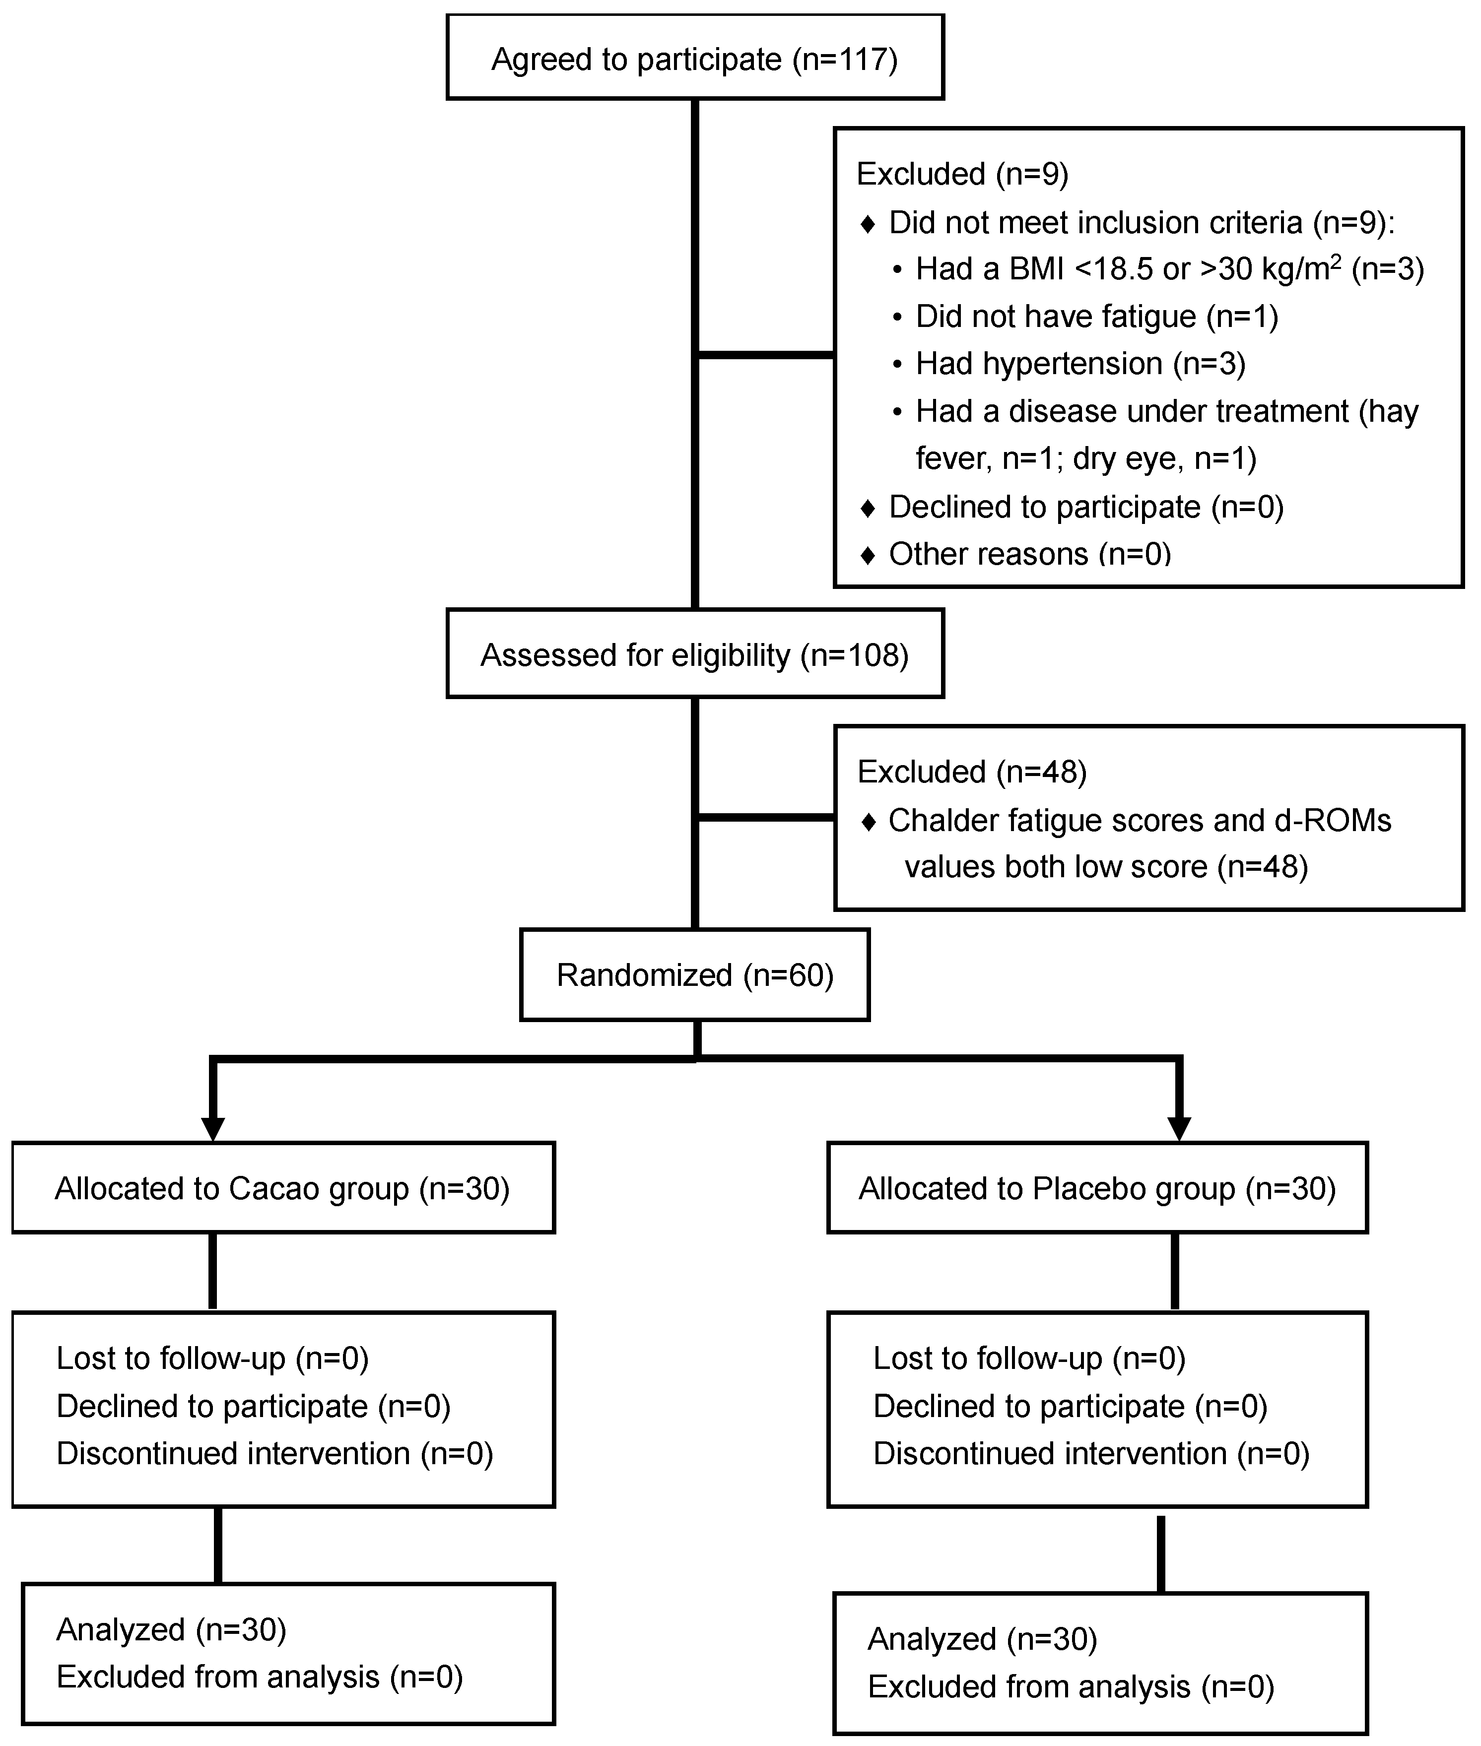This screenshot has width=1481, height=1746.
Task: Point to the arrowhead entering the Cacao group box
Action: tap(213, 1129)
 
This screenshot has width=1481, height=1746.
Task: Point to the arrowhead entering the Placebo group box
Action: tap(1180, 1129)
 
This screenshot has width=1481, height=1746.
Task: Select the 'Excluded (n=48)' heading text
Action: tap(971, 772)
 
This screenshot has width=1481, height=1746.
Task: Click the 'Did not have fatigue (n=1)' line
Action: tap(1096, 317)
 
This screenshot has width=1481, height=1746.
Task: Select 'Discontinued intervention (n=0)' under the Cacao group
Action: tap(274, 1453)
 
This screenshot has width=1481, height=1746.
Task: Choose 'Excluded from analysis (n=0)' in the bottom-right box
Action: tap(1071, 1686)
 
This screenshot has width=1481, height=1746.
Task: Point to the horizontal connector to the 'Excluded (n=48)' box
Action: tap(766, 817)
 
